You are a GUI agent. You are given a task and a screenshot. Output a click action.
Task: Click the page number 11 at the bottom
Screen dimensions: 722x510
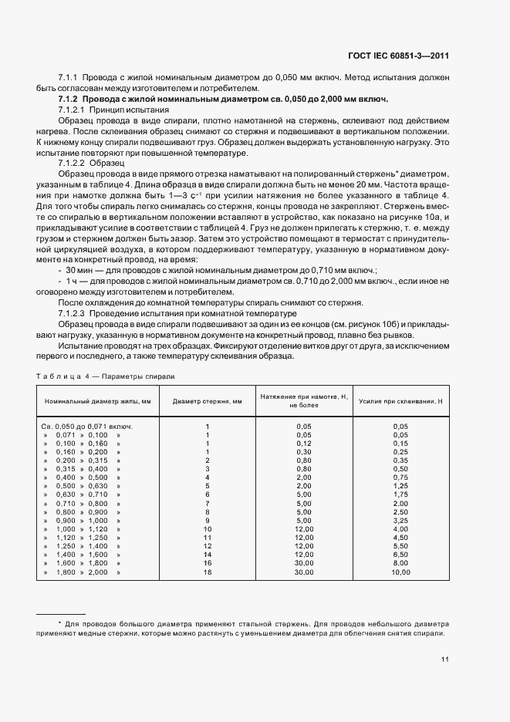(x=445, y=660)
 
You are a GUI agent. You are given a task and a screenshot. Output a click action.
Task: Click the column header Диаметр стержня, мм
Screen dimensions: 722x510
(x=207, y=401)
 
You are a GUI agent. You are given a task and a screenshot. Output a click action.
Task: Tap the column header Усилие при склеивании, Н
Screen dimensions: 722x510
(x=400, y=401)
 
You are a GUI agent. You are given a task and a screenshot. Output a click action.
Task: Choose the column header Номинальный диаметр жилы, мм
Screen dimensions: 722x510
(x=98, y=401)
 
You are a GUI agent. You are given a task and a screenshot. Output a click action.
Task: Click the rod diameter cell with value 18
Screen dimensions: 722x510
(x=207, y=573)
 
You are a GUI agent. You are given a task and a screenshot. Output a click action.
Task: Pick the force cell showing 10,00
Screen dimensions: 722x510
(x=400, y=573)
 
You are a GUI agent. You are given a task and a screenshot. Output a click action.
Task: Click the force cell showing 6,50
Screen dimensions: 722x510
(x=400, y=555)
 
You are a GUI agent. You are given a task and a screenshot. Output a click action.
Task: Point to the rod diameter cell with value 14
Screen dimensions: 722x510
(x=207, y=555)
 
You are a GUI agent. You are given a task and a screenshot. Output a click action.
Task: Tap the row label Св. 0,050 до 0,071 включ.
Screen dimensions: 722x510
(x=87, y=426)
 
